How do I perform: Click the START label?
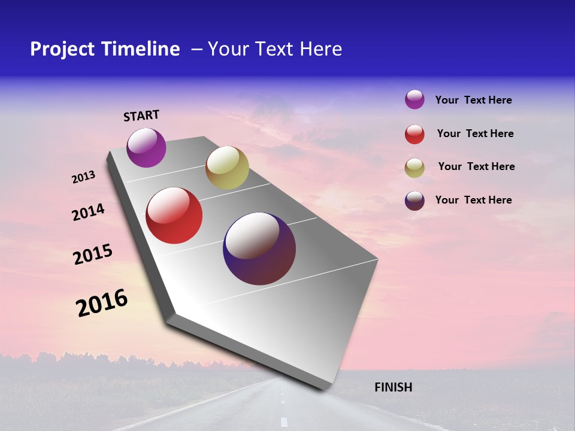tap(141, 116)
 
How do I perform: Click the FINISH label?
tap(393, 387)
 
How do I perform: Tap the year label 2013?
tap(83, 177)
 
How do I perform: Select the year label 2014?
tap(88, 212)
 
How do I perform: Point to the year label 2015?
tap(93, 254)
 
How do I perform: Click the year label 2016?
tap(102, 303)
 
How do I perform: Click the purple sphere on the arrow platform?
tap(146, 147)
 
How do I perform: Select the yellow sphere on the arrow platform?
tap(227, 168)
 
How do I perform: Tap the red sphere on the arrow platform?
tap(174, 215)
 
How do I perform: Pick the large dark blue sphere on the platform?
tap(259, 248)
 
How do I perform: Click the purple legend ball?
tap(414, 99)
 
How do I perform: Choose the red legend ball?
tap(414, 134)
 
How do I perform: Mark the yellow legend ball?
tap(414, 168)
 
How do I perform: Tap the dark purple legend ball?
tap(414, 201)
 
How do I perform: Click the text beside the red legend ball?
tap(475, 133)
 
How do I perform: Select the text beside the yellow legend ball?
tap(476, 166)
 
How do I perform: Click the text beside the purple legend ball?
tap(473, 100)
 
